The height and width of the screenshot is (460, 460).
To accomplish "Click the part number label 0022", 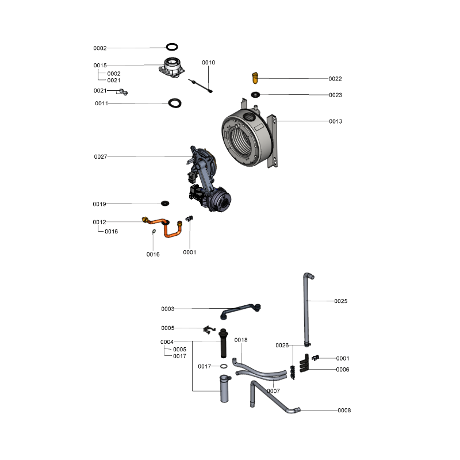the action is tap(335, 79).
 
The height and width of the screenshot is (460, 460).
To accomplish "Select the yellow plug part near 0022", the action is tap(255, 78).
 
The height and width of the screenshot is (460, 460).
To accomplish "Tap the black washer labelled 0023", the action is tap(255, 94).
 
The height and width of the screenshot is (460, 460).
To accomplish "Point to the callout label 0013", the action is tap(335, 121).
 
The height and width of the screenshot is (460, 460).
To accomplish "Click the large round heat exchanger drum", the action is tap(247, 137).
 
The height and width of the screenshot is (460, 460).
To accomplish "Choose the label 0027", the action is tap(100, 156).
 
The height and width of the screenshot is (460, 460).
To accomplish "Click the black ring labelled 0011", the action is tap(175, 103).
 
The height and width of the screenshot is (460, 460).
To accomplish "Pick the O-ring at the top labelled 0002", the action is tap(172, 47).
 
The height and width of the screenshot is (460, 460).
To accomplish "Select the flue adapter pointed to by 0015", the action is tap(172, 67).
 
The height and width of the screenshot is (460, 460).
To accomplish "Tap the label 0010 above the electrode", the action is tap(208, 63).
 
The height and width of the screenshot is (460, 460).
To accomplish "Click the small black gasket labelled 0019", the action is tap(165, 203).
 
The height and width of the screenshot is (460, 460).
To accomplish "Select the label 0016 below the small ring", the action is tap(153, 254).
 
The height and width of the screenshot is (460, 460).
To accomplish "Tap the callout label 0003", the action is tap(167, 309).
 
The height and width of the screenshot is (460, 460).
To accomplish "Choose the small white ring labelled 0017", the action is tap(224, 366).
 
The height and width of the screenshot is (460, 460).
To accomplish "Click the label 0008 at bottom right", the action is tap(344, 410).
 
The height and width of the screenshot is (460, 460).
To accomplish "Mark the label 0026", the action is tap(282, 346).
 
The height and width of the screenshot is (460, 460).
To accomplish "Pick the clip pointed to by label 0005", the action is tap(209, 329).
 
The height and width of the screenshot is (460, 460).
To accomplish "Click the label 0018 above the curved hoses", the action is tap(241, 340).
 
